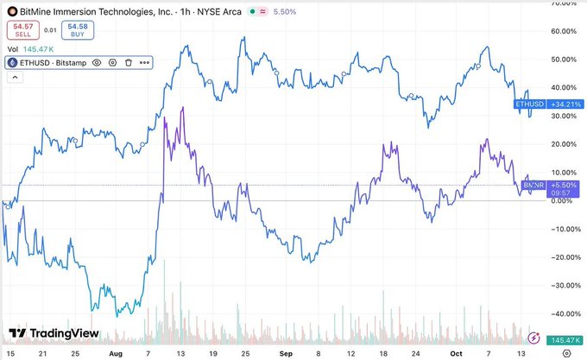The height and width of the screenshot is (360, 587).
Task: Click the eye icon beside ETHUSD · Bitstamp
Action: click(96, 62)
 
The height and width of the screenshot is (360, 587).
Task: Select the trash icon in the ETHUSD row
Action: click(128, 62)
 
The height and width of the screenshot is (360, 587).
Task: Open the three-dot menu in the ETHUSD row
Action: click(143, 62)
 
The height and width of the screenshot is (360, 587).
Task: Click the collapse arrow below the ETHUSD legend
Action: click(13, 77)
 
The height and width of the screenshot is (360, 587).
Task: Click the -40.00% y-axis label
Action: click(562, 313)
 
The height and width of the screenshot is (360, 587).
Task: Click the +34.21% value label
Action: click(559, 104)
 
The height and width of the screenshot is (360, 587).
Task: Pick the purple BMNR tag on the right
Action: click(532, 185)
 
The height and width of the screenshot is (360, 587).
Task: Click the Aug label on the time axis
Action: click(115, 352)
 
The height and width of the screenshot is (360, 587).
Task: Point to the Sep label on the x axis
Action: click(286, 352)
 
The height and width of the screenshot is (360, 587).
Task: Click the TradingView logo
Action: click(54, 333)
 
